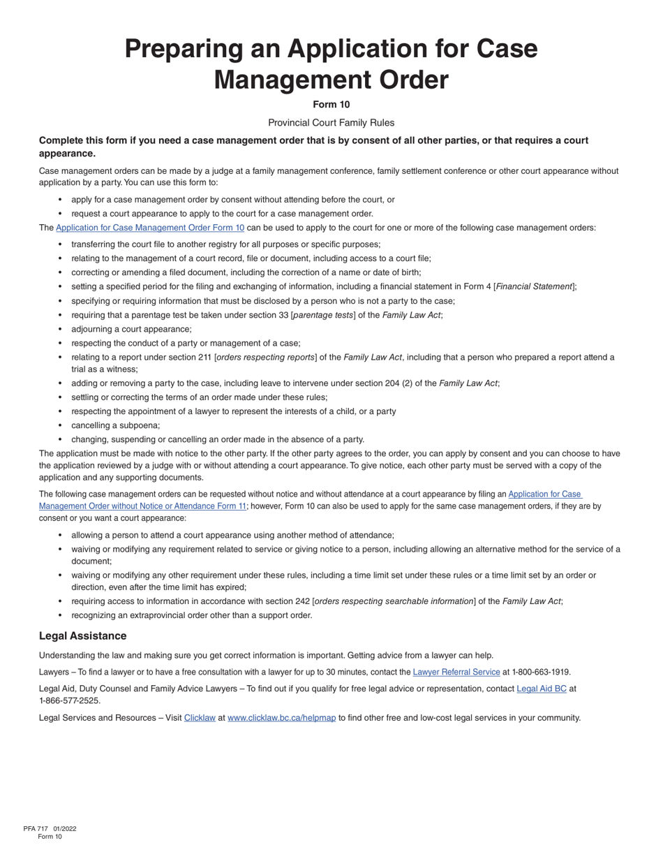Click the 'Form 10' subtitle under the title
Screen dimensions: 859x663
point(331,105)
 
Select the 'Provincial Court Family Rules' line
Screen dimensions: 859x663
point(331,123)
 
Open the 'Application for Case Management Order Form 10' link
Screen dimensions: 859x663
point(150,228)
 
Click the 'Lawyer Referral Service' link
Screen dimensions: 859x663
point(456,673)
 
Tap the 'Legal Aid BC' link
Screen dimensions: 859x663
point(541,689)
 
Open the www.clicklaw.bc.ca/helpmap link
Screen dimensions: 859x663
point(281,718)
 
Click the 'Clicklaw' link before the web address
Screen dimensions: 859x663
point(200,718)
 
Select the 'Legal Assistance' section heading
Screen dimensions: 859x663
point(82,636)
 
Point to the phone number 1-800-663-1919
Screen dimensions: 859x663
point(541,673)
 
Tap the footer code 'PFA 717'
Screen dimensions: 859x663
point(36,829)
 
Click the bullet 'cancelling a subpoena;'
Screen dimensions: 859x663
point(115,425)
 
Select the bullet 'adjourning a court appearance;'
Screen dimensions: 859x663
point(131,329)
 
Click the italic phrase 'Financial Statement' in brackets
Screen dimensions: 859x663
point(534,286)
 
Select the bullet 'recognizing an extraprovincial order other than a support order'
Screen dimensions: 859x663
point(191,615)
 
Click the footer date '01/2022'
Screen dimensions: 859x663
point(64,829)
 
